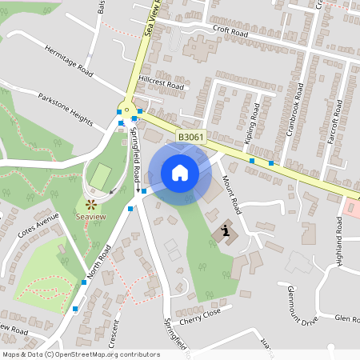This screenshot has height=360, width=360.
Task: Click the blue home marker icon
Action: click(179, 172)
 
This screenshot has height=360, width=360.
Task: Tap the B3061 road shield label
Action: click(190, 138)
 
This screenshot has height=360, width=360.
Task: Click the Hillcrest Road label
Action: click(161, 83)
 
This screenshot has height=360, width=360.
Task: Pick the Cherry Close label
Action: click(199, 315)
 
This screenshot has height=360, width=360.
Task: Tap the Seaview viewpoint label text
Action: click(90, 217)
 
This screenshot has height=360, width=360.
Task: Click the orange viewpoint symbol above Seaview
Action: click(90, 206)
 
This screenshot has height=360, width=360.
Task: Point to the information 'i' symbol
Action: click(226, 232)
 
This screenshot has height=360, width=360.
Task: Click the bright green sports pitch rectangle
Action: click(100, 174)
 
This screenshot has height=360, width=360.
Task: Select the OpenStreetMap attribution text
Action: click(81, 354)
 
